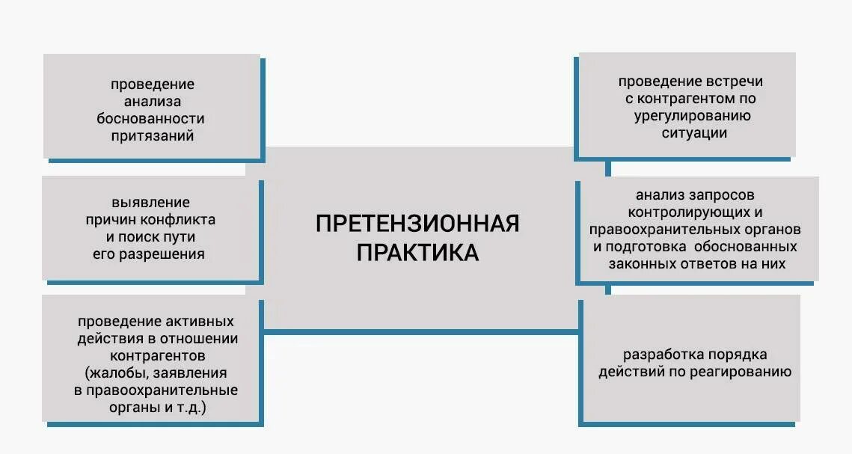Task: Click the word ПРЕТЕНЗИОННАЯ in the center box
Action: pyautogui.click(x=417, y=224)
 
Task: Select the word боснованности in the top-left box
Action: pyautogui.click(x=150, y=119)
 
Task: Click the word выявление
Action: pyautogui.click(x=150, y=203)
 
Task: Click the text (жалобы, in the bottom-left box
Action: pyautogui.click(x=113, y=373)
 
